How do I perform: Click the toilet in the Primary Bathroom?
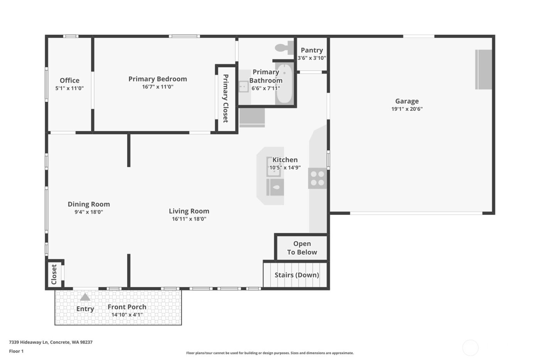tap(284, 48)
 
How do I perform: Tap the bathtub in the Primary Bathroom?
tap(284, 84)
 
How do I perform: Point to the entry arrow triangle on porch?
tap(85, 297)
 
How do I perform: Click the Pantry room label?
tap(312, 50)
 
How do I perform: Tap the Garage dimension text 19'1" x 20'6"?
tap(407, 109)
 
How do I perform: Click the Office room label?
tap(69, 80)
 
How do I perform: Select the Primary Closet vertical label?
tap(226, 98)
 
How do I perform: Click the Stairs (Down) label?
tap(297, 275)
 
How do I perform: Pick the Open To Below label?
tap(302, 248)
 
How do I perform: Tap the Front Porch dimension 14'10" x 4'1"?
tap(127, 314)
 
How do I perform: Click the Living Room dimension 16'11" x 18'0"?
tap(189, 219)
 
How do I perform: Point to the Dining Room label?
tap(89, 204)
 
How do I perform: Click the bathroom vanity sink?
tap(243, 86)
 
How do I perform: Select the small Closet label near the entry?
tap(54, 274)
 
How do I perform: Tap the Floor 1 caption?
tap(16, 351)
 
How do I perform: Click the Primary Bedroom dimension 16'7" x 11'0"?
tap(157, 87)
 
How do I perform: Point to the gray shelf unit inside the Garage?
tap(483, 69)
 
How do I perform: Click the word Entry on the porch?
tap(85, 309)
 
